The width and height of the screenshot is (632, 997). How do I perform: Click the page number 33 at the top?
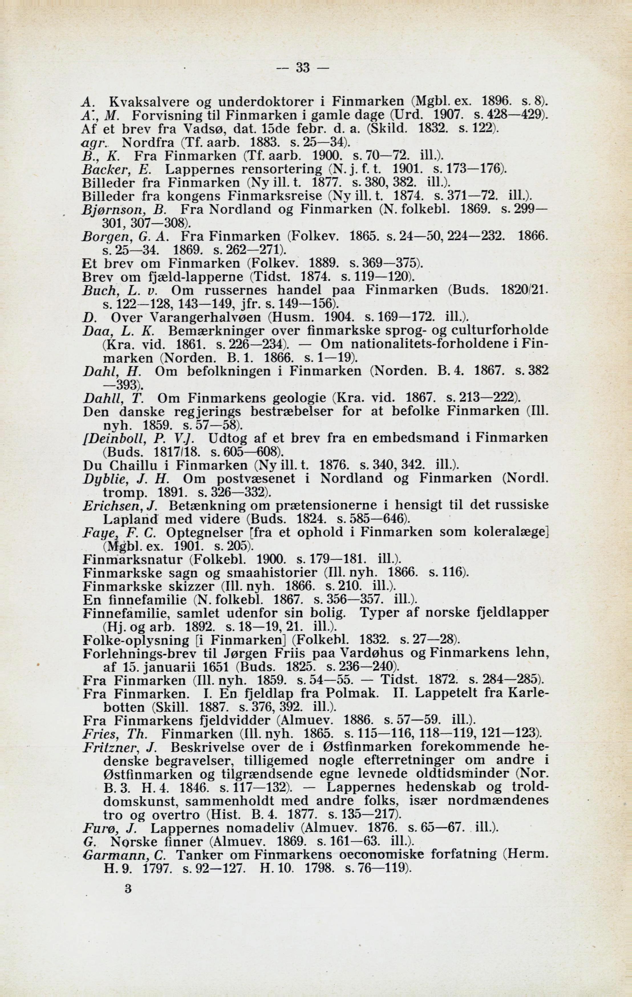click(303, 68)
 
